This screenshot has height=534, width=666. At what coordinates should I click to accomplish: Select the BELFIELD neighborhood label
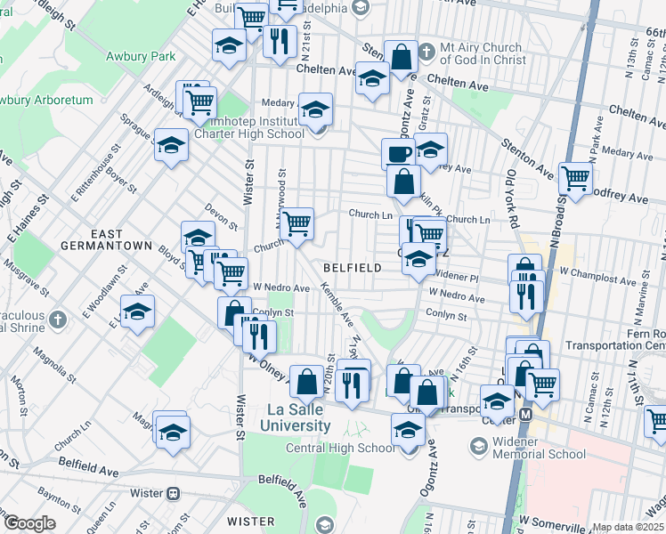(352, 267)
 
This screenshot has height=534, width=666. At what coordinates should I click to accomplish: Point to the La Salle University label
(300, 417)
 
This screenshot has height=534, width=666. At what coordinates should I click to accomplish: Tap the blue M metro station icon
(525, 414)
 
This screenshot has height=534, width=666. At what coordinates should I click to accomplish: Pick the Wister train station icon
(174, 492)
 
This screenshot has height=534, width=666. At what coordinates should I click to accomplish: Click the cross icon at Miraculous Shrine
(58, 318)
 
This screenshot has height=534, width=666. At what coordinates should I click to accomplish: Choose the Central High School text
(339, 447)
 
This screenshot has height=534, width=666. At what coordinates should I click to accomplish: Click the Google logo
(29, 523)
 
